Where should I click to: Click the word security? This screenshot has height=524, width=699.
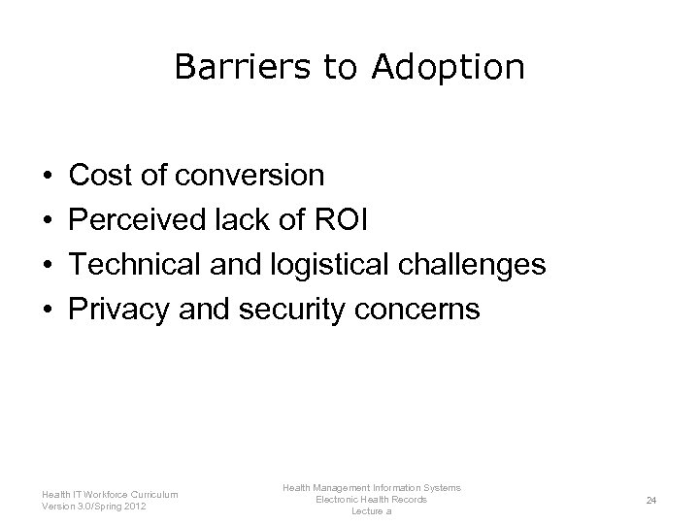click(303, 310)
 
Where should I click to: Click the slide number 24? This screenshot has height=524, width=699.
click(651, 500)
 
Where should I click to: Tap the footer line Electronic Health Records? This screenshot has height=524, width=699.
click(371, 499)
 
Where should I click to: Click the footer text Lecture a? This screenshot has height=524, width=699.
click(371, 511)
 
